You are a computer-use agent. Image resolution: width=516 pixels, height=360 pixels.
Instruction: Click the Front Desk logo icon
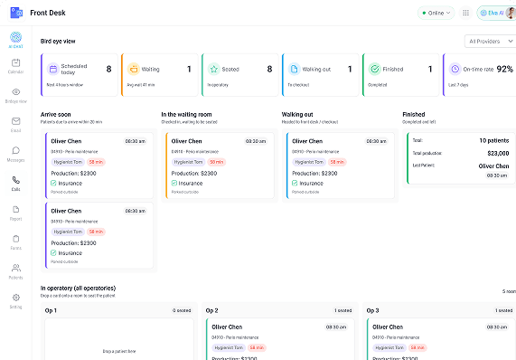(x=15, y=13)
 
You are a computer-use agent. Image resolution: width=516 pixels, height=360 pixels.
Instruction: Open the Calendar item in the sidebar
(x=15, y=63)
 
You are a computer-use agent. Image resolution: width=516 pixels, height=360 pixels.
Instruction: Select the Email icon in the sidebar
(x=15, y=122)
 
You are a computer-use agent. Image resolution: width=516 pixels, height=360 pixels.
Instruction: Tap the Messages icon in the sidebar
(x=15, y=152)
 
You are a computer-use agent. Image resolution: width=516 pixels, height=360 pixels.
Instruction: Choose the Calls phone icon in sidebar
(x=15, y=181)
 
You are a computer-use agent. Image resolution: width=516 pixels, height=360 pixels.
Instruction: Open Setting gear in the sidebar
(x=15, y=298)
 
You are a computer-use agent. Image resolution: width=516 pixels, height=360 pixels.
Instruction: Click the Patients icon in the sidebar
(x=15, y=269)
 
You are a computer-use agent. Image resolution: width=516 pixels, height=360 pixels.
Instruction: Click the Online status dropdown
(x=436, y=13)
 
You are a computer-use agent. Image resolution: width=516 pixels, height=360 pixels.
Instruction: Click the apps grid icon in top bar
(x=465, y=13)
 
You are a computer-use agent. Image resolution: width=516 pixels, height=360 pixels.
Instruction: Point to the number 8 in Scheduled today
(x=108, y=69)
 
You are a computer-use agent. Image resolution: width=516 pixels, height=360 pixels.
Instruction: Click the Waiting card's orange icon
(x=134, y=69)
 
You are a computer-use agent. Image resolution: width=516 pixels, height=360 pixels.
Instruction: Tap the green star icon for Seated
(x=213, y=69)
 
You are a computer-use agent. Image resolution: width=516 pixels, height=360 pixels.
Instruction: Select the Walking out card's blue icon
(x=294, y=69)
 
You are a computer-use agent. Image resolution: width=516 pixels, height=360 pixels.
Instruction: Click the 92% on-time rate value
(x=504, y=69)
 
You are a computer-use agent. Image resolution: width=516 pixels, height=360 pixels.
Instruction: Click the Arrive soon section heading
(x=56, y=115)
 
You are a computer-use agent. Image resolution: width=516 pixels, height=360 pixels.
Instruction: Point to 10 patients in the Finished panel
(x=493, y=141)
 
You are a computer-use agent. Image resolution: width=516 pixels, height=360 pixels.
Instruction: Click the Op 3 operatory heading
(x=372, y=309)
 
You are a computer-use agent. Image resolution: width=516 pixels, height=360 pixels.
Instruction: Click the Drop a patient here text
(x=120, y=350)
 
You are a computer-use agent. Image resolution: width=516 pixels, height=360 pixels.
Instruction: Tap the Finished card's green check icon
(x=373, y=69)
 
